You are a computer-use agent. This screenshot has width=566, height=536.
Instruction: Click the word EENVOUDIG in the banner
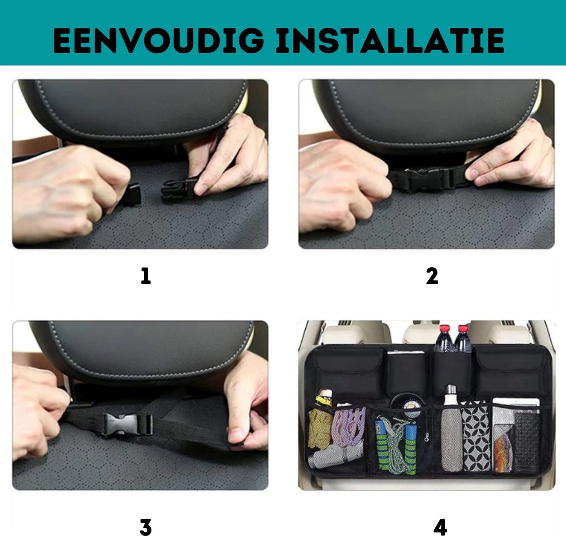tap(158, 40)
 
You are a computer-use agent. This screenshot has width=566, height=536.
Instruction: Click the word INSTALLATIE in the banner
tap(390, 40)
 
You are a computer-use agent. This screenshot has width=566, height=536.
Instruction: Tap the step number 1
tap(146, 276)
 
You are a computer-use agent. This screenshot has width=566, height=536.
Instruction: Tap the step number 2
tap(432, 276)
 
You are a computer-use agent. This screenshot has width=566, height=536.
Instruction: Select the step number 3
tap(146, 527)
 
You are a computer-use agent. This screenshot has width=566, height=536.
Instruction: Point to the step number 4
tap(440, 527)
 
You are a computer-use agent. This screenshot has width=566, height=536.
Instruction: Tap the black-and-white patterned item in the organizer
tap(475, 436)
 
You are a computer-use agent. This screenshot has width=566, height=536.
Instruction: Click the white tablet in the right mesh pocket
tap(516, 403)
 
